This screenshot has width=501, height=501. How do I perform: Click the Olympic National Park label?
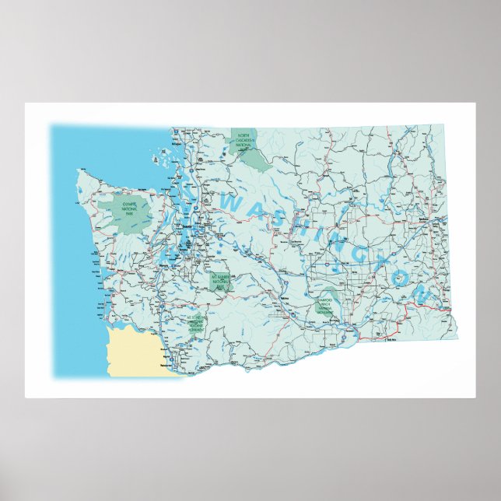[x=124, y=207]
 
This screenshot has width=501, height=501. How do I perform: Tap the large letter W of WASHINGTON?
[x=233, y=203]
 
